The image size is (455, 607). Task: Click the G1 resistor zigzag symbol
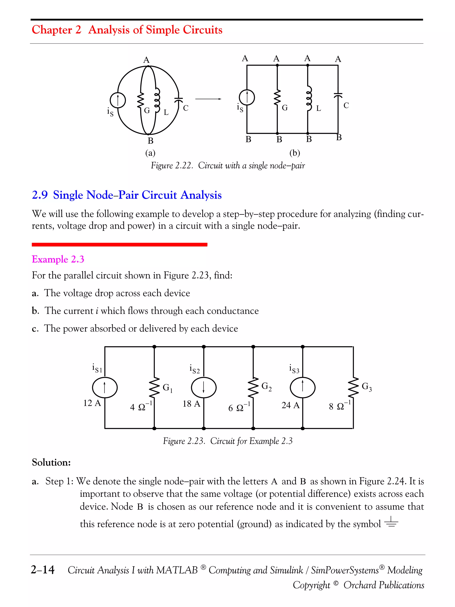click(x=154, y=387)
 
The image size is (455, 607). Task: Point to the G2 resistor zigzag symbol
click(x=253, y=387)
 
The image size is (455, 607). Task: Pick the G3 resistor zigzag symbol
click(x=353, y=387)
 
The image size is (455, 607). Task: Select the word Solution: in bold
click(x=51, y=462)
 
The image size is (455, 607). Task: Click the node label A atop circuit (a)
click(x=146, y=60)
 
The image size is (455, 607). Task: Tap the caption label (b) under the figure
click(x=295, y=153)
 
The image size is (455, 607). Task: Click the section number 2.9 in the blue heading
click(x=40, y=195)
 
